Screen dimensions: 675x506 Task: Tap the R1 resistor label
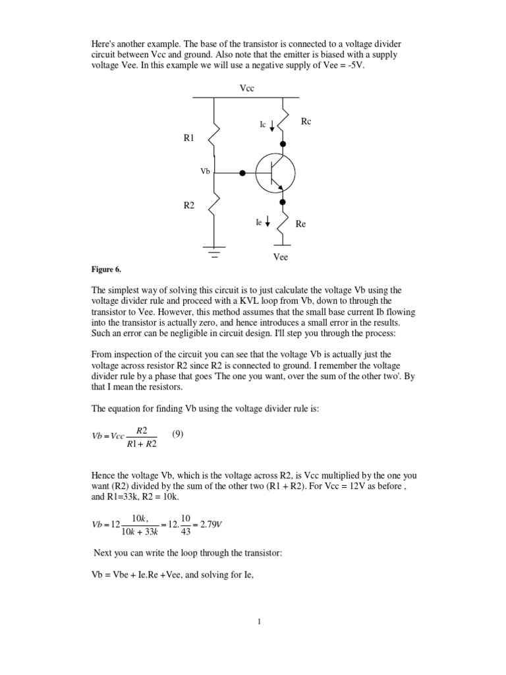click(x=189, y=138)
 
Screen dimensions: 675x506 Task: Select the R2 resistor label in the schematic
click(x=189, y=206)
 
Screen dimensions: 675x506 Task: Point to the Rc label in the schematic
click(x=306, y=122)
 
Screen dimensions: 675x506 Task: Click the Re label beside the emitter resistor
click(x=300, y=224)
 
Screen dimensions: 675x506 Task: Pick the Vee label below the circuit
click(x=281, y=257)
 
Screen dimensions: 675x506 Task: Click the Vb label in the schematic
click(x=205, y=171)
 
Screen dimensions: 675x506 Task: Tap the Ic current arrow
click(x=273, y=125)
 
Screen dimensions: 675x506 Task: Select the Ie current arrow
click(x=267, y=223)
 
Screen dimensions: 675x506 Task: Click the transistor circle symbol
click(x=275, y=173)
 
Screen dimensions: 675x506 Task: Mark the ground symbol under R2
click(x=214, y=251)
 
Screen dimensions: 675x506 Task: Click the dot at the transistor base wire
click(x=242, y=173)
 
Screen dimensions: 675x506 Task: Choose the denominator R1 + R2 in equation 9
click(x=142, y=444)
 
